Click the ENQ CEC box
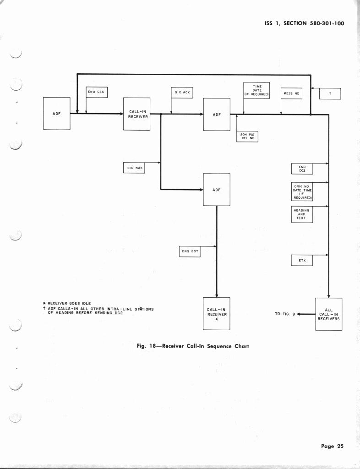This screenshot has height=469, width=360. pos(96,92)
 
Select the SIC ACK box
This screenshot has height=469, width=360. pos(182,93)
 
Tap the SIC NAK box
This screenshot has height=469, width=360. pos(134,168)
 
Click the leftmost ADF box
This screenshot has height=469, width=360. pos(56,113)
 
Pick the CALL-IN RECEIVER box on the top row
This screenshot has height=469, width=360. pos(137,114)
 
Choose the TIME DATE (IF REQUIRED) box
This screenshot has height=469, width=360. pos(256,90)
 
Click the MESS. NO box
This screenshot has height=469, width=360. pos(291,93)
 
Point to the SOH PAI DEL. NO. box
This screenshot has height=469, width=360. pos(247,136)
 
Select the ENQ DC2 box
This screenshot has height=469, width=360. pos(302,169)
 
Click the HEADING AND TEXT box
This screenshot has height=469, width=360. pos(302,214)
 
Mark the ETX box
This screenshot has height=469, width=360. pos(302,261)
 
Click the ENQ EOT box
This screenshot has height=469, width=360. pos(190,251)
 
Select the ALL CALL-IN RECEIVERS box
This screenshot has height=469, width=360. pos(328,314)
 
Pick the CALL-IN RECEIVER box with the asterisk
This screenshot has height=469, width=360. pos(216,314)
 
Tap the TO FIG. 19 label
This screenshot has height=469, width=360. pos(284,314)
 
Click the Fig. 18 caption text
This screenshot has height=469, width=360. pos(192,346)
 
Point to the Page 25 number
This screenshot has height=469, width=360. pos(332,446)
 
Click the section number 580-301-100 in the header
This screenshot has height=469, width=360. pos(321,23)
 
